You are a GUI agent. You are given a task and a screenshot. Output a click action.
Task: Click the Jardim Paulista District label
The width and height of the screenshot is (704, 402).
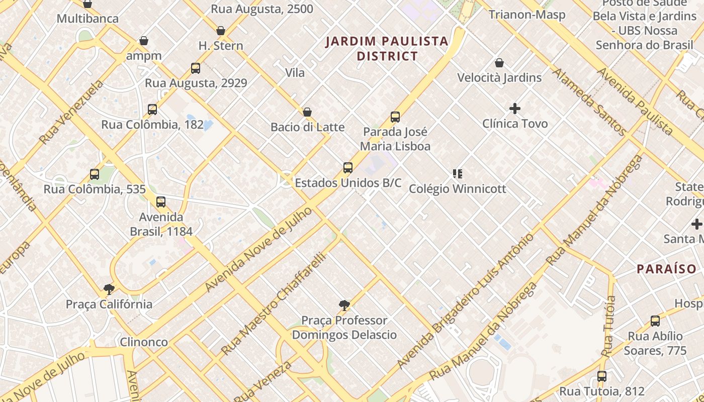[x=387, y=48]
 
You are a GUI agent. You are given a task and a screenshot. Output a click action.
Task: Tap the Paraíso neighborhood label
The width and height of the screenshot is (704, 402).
[x=666, y=269]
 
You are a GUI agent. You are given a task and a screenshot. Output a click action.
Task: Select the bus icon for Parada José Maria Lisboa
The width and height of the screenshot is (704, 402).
[x=395, y=117]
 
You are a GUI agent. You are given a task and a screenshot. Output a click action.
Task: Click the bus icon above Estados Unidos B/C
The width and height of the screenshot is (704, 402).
[x=348, y=168]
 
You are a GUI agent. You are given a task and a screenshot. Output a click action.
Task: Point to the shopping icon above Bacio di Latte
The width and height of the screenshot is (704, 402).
[x=307, y=112]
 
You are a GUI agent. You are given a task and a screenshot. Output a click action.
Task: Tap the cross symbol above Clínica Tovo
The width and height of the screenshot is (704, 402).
[x=515, y=109]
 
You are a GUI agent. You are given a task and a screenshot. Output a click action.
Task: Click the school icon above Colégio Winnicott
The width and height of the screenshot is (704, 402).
[x=457, y=174]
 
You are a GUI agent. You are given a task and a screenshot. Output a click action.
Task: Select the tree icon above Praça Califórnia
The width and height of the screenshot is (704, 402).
[x=109, y=289]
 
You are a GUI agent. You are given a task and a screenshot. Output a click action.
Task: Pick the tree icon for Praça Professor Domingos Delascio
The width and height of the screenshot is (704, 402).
[x=344, y=305]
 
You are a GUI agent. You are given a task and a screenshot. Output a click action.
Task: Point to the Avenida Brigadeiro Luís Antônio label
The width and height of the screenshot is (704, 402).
[x=466, y=300]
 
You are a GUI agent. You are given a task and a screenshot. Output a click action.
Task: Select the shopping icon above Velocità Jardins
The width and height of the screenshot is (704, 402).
[x=499, y=63]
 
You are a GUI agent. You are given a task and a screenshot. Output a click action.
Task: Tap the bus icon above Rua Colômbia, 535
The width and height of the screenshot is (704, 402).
[x=95, y=174]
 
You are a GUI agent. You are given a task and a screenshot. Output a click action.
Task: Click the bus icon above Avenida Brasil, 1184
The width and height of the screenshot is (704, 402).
[x=161, y=202]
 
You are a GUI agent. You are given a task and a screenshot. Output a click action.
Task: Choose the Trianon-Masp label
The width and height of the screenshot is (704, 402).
[x=527, y=15]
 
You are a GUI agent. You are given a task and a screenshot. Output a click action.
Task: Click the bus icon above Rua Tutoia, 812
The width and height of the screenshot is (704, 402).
[x=602, y=376]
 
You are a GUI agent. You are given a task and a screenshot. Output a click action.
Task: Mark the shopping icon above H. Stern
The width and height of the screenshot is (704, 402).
[x=220, y=31]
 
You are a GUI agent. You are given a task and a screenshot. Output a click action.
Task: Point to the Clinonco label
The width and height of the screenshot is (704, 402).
[x=144, y=342]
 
